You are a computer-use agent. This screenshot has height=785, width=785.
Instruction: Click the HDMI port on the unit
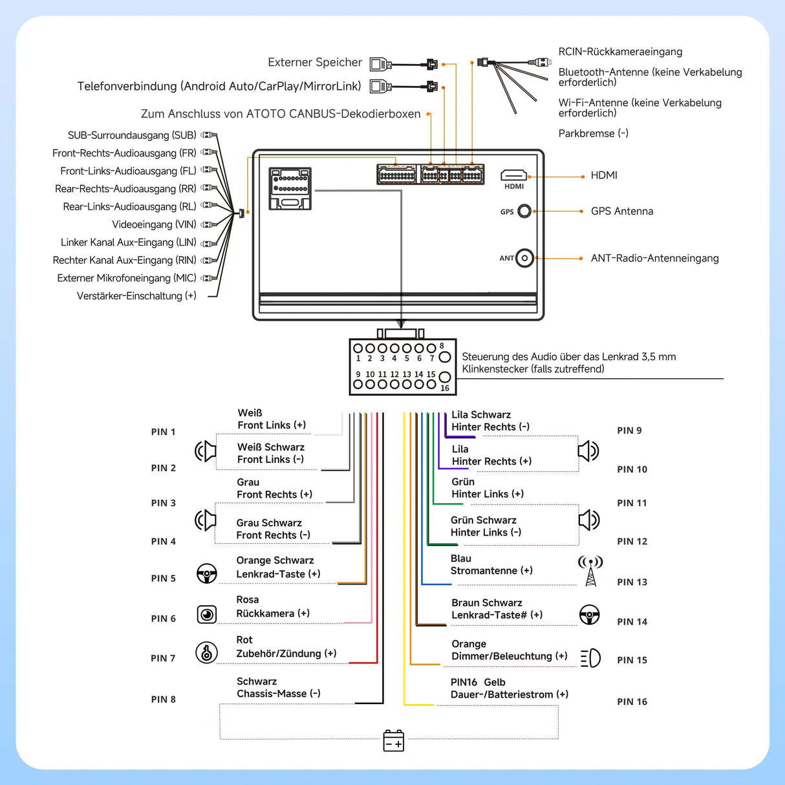click(x=513, y=175)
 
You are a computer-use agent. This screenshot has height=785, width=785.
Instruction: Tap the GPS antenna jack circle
click(x=524, y=211)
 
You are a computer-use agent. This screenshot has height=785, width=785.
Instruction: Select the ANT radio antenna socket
click(x=524, y=258)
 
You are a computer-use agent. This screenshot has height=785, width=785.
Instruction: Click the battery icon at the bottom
click(x=393, y=741)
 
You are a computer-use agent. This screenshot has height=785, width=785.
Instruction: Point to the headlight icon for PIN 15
click(x=590, y=658)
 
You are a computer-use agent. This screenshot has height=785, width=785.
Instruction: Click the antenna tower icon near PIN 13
click(x=590, y=570)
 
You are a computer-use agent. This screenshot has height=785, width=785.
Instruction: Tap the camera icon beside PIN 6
click(x=207, y=614)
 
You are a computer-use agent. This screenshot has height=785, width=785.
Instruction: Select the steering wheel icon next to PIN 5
click(x=207, y=574)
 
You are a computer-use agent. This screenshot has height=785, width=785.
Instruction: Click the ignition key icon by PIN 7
click(x=207, y=653)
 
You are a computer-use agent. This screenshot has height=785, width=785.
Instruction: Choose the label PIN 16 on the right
click(x=632, y=702)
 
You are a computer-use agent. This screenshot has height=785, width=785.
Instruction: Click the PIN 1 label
click(x=163, y=432)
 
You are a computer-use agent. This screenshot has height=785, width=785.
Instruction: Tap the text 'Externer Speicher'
click(x=315, y=63)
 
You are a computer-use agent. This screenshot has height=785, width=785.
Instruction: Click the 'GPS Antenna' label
click(x=621, y=211)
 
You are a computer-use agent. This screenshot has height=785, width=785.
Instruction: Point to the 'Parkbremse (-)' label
click(x=593, y=133)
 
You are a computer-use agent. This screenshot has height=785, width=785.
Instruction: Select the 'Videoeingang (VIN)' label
click(x=154, y=224)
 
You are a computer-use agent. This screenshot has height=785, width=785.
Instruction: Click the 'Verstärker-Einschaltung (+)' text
click(x=136, y=296)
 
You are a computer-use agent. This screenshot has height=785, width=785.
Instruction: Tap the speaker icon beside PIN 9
click(x=588, y=451)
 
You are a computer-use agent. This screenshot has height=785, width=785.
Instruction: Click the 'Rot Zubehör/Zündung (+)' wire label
click(x=286, y=647)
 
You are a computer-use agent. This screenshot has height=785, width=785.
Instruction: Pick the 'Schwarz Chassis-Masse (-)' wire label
click(x=278, y=687)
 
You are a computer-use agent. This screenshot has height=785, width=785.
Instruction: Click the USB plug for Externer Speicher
click(x=380, y=64)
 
